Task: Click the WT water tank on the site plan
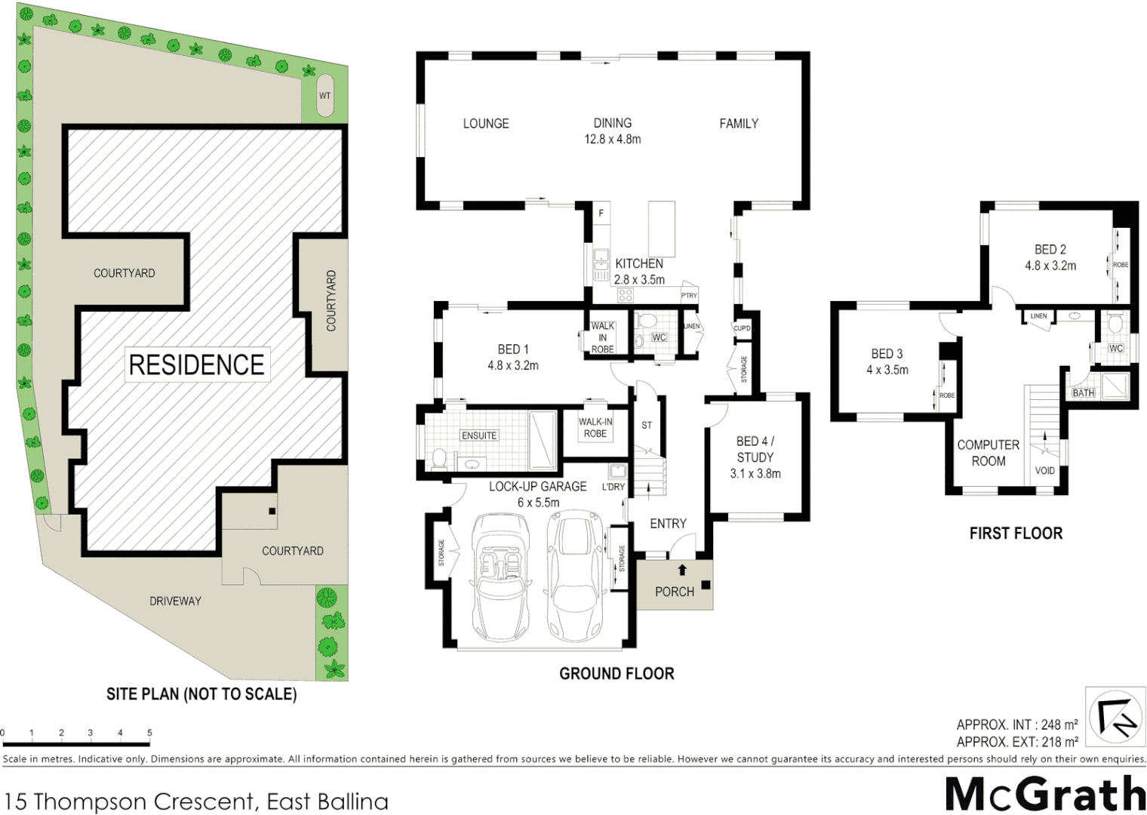pyautogui.click(x=324, y=96)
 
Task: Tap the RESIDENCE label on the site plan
pyautogui.click(x=196, y=364)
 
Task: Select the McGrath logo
pyautogui.click(x=1045, y=794)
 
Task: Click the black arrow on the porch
pyautogui.click(x=682, y=570)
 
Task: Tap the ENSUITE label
pyautogui.click(x=479, y=435)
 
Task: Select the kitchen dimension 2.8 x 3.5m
pyautogui.click(x=639, y=279)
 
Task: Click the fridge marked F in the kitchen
pyautogui.click(x=601, y=214)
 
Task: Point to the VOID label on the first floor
pyautogui.click(x=1045, y=470)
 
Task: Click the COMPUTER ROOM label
pyautogui.click(x=988, y=453)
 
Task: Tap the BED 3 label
pyautogui.click(x=887, y=353)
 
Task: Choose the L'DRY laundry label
pyautogui.click(x=613, y=487)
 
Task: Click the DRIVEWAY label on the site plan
pyautogui.click(x=175, y=601)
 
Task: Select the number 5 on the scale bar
pyautogui.click(x=149, y=733)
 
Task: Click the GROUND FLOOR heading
pyautogui.click(x=617, y=673)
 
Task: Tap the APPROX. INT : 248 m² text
pyautogui.click(x=1016, y=724)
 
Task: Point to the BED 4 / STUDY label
pyautogui.click(x=755, y=449)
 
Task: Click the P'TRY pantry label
pyautogui.click(x=689, y=296)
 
